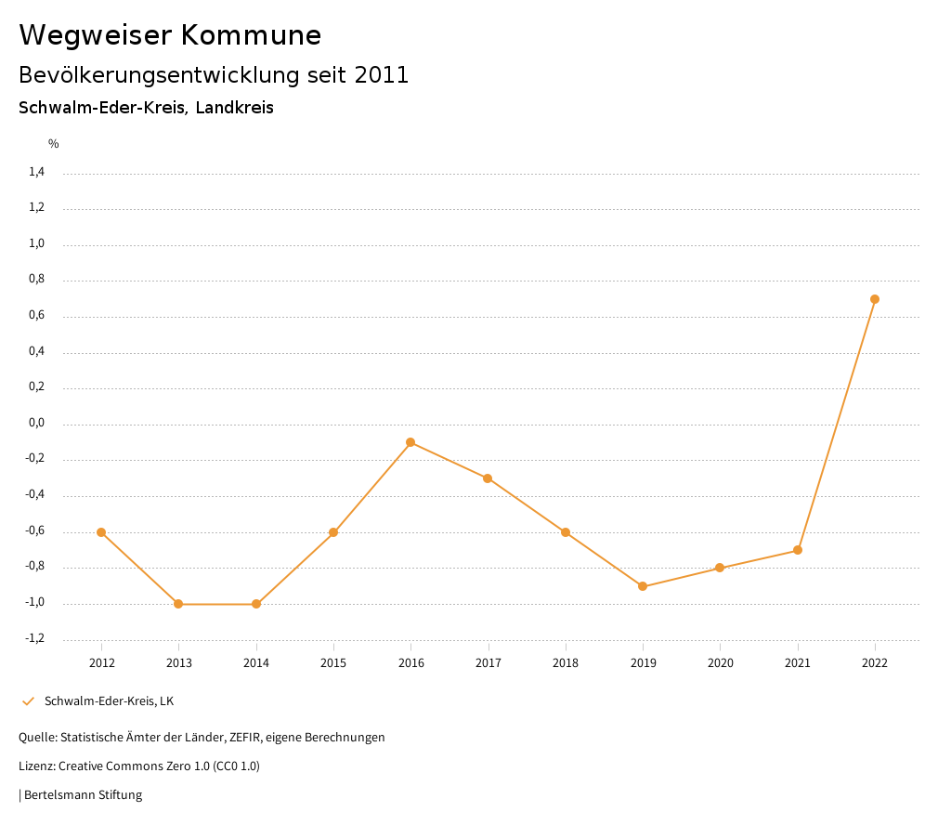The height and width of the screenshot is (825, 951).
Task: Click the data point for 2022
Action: tap(875, 299)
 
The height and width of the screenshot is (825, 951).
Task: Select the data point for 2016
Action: tap(410, 442)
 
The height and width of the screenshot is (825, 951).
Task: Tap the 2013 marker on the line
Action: tap(178, 604)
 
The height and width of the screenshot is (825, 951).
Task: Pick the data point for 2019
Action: tap(643, 586)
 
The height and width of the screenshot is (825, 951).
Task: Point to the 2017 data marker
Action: tap(488, 478)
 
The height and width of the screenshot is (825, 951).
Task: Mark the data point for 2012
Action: tap(101, 532)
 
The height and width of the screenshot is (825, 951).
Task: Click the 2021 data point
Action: tap(798, 550)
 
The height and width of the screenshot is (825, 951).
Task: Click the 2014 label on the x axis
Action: tap(256, 663)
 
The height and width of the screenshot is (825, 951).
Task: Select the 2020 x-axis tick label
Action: tap(721, 663)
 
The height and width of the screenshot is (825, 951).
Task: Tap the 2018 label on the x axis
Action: tap(566, 663)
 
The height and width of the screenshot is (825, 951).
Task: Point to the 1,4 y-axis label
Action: tap(37, 172)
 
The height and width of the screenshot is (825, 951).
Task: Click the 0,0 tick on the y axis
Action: tap(37, 424)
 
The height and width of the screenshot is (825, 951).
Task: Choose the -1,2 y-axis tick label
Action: tap(35, 639)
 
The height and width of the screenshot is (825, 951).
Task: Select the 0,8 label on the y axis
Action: tap(37, 280)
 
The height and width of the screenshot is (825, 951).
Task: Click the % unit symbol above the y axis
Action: tap(54, 144)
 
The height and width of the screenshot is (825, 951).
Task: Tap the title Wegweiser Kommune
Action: tap(170, 35)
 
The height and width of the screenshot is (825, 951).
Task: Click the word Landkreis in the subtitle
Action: tap(234, 108)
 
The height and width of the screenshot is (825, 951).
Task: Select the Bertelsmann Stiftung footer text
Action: tap(83, 795)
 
